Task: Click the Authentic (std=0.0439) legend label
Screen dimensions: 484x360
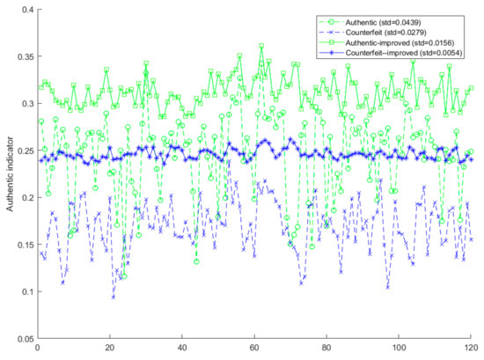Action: tap(383, 22)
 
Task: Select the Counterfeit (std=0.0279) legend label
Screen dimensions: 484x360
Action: tap(385, 33)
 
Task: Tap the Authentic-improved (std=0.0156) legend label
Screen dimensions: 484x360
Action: tap(400, 42)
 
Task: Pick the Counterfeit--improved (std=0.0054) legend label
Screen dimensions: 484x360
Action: tap(404, 53)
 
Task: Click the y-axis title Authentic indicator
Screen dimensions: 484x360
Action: tap(11, 174)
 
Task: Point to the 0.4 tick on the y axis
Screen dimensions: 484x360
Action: tap(27, 10)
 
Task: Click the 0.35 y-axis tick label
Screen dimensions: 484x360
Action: tap(26, 56)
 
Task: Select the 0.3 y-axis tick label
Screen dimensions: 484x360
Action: tap(27, 104)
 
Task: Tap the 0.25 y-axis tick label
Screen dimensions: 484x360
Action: tap(26, 151)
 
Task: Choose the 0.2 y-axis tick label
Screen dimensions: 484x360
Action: tap(27, 197)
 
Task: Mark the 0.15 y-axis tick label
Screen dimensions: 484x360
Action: tap(26, 245)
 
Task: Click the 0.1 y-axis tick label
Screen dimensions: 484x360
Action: tap(27, 291)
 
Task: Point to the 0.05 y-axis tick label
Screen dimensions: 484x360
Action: tap(26, 339)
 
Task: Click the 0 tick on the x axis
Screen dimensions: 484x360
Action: tap(38, 348)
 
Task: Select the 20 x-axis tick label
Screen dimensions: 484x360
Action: tap(110, 348)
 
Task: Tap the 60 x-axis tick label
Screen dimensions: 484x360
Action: tap(254, 348)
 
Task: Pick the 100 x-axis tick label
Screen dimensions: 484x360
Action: tap(399, 348)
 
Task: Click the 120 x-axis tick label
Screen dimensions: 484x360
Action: tap(471, 348)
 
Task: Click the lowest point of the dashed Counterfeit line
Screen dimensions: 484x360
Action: tap(114, 297)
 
